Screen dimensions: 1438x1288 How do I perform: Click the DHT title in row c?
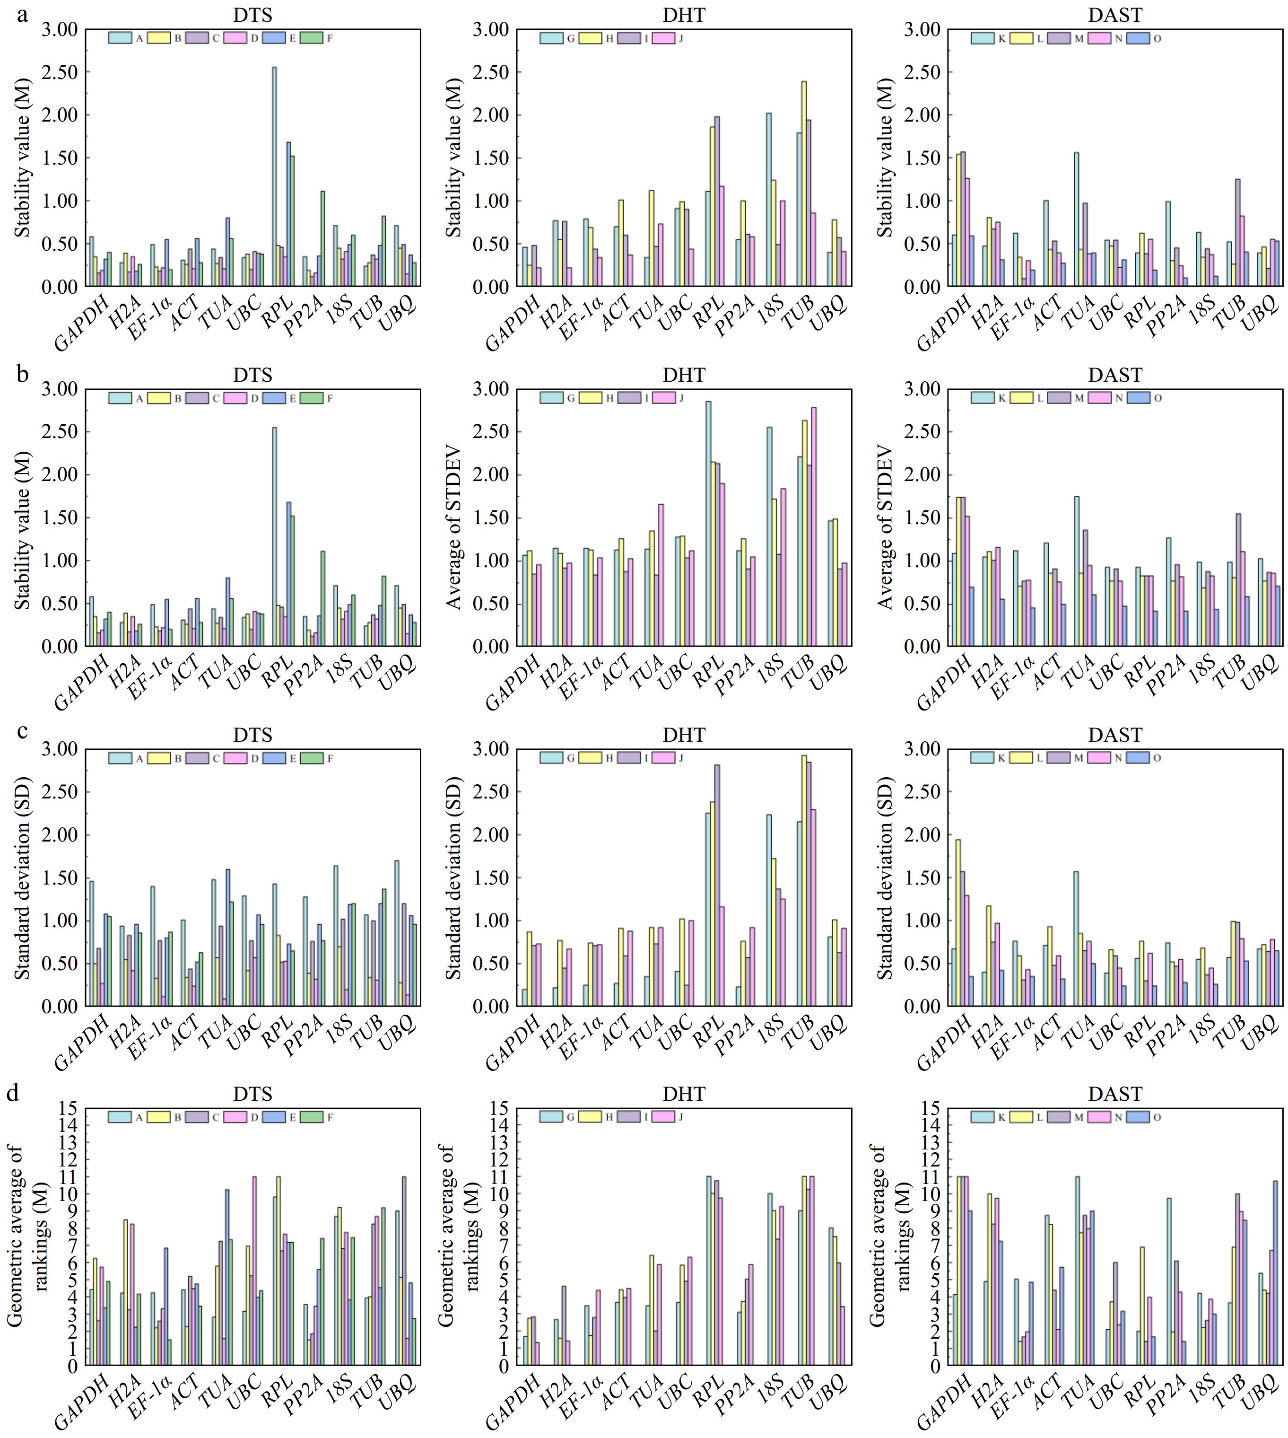tap(684, 735)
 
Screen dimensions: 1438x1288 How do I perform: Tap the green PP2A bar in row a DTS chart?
tap(322, 238)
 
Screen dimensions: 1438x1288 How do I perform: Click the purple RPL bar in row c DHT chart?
tap(717, 885)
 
